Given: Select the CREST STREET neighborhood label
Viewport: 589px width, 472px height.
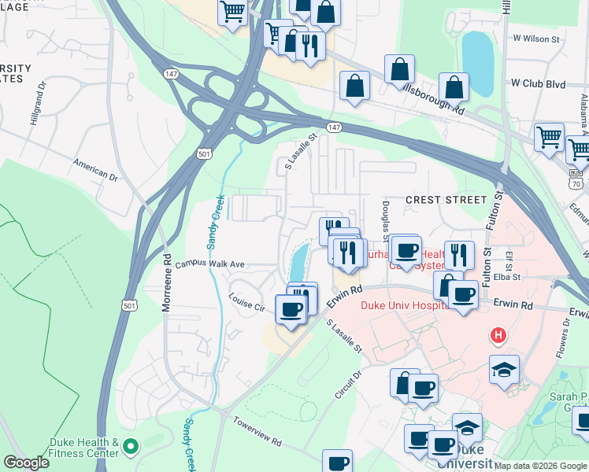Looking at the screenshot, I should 436,200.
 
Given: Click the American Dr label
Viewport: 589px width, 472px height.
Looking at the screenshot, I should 94,169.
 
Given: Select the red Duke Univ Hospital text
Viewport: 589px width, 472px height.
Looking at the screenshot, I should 402,305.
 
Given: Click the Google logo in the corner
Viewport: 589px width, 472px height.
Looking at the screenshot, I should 27,463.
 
